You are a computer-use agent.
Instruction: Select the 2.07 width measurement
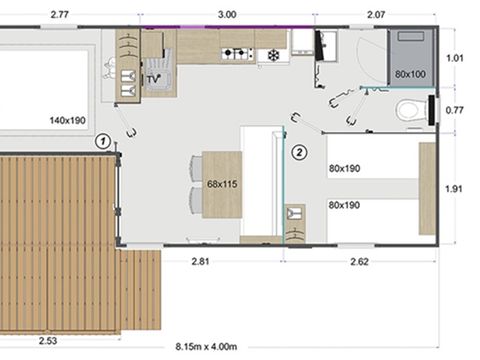click(376, 15)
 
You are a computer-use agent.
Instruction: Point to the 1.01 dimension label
click(455, 58)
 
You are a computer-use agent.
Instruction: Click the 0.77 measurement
click(455, 109)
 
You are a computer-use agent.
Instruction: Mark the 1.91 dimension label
click(455, 187)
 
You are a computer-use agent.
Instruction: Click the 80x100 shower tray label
click(410, 74)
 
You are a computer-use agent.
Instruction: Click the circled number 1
click(103, 142)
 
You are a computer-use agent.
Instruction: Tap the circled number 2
click(297, 152)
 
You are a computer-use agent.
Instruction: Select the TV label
click(153, 77)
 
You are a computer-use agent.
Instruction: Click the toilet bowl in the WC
click(409, 110)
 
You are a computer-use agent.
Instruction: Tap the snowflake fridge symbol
click(270, 55)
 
